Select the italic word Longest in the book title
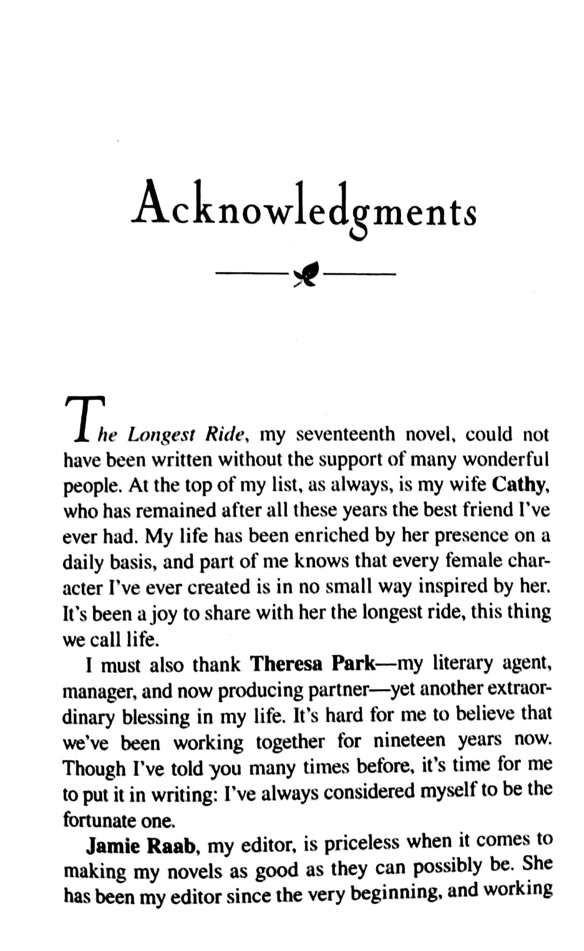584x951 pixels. (x=161, y=435)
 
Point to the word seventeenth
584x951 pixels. (x=346, y=434)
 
